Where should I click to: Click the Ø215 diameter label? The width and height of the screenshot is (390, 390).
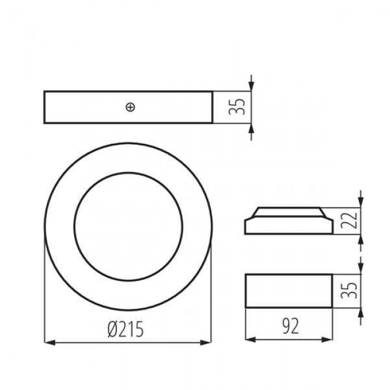pyautogui.click(x=126, y=329)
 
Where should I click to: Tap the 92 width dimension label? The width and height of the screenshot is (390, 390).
pyautogui.click(x=290, y=326)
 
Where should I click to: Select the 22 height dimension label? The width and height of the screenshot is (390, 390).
pyautogui.click(x=349, y=221)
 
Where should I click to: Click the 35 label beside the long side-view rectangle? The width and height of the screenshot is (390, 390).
pyautogui.click(x=237, y=107)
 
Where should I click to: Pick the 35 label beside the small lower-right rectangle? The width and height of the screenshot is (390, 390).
pyautogui.click(x=349, y=290)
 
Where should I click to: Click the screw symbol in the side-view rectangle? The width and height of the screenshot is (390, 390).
pyautogui.click(x=130, y=107)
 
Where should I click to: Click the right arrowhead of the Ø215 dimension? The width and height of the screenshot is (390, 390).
pyautogui.click(x=206, y=343)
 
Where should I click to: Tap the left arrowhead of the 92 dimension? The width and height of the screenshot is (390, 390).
pyautogui.click(x=251, y=339)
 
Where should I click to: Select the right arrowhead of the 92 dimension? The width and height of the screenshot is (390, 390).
pyautogui.click(x=327, y=339)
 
